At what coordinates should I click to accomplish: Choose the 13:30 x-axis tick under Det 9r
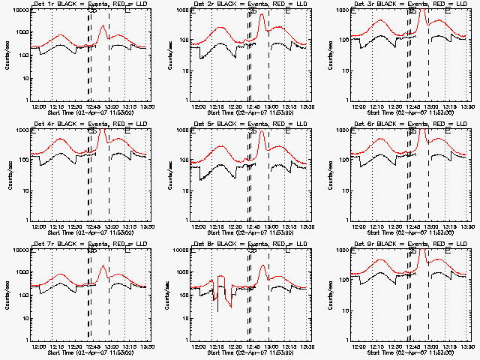[x=467, y=347]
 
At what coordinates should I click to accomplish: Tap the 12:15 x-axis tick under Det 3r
[x=376, y=107]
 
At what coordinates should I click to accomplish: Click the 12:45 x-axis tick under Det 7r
[x=92, y=347]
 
